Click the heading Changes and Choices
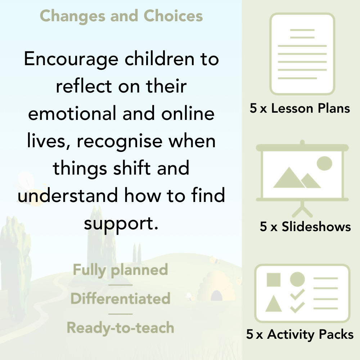pos(121,16)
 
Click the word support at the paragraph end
pos(121,224)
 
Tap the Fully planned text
pos(120,270)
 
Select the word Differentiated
pos(120,299)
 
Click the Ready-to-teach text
pos(120,328)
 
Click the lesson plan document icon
pos(302,54)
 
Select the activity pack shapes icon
pos(302,293)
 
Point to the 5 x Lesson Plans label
pos(300,108)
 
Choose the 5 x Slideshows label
pos(305,226)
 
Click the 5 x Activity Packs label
pos(300,335)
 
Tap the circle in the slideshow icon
pos(324,163)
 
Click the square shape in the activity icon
pos(274,280)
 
